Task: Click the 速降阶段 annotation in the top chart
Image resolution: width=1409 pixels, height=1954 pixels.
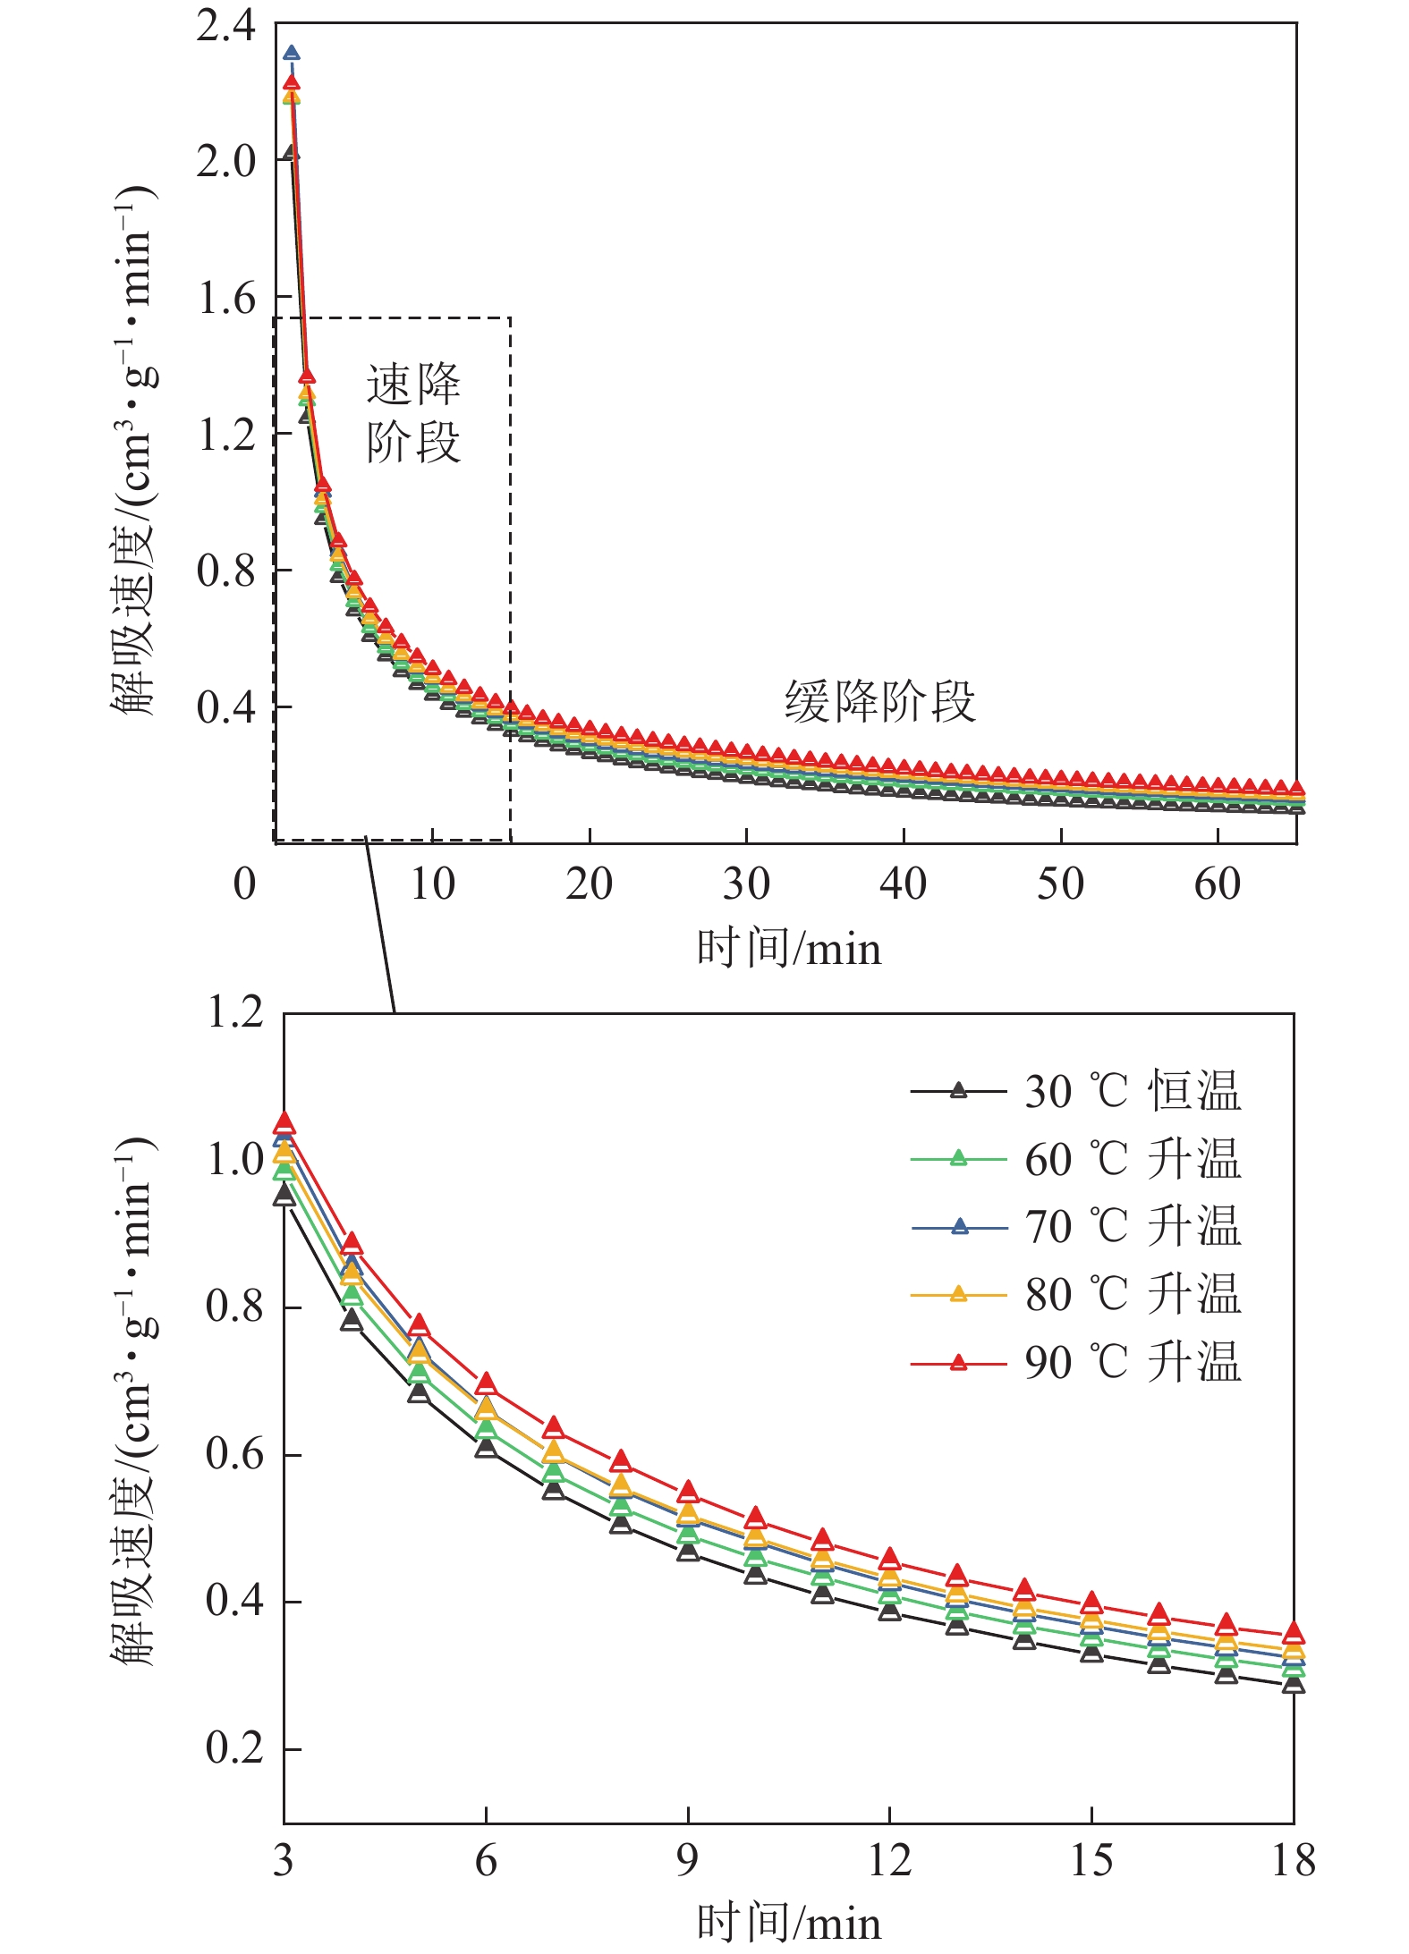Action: point(413,413)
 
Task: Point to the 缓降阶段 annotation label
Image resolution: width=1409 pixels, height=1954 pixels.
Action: point(879,701)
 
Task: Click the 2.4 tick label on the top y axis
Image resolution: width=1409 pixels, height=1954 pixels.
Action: point(225,27)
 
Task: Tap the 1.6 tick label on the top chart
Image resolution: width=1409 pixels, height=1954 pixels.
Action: point(225,299)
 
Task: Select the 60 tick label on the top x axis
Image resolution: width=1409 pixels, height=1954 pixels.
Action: point(1217,884)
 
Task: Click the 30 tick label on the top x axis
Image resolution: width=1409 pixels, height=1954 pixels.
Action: point(746,884)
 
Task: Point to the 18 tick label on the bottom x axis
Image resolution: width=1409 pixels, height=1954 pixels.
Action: point(1293,1861)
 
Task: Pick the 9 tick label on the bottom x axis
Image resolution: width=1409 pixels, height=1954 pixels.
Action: point(687,1861)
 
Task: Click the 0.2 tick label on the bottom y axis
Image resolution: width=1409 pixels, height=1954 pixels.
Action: point(234,1747)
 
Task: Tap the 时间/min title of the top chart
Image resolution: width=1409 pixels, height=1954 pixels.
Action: point(788,949)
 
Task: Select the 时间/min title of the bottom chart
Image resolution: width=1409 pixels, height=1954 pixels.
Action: point(788,1923)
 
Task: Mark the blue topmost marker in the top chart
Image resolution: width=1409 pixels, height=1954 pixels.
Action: point(291,54)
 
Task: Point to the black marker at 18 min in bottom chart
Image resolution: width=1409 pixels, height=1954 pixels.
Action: point(1293,1686)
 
